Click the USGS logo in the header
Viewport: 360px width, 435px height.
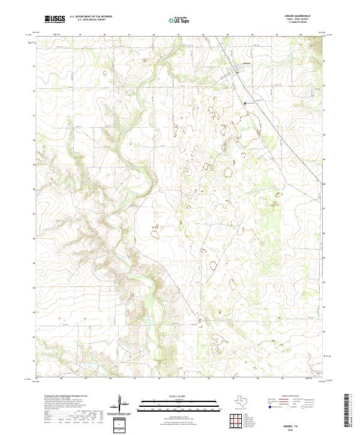coord(55,19)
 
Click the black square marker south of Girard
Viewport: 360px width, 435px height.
coord(245,103)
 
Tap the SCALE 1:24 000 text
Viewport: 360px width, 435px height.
coord(173,397)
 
